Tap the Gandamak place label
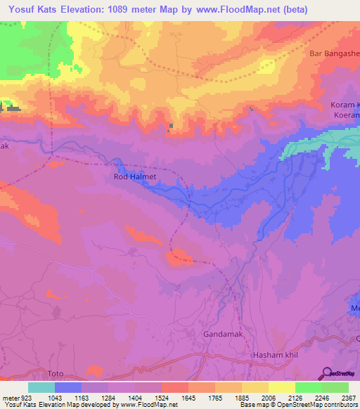pos(223,334)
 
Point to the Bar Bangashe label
pos(334,53)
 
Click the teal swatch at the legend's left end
pos(41,387)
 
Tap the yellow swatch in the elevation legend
pos(282,387)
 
